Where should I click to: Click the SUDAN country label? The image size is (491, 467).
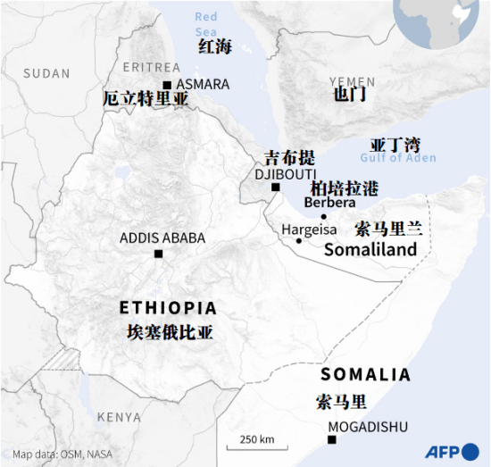46,73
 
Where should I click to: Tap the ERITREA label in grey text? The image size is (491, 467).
151,67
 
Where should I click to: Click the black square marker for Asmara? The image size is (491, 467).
167,85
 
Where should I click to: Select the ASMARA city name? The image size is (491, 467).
203,85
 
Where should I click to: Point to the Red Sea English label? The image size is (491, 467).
205,23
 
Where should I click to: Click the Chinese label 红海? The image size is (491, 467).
214,46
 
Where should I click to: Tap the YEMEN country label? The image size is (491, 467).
352,81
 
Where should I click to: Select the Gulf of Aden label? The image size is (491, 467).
398,158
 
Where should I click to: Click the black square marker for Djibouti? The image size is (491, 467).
276,188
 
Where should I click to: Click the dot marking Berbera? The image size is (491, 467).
324,216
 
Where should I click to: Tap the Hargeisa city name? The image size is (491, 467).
309,229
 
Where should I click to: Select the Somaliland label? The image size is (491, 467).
370,250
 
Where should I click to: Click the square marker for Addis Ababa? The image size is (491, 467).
158,254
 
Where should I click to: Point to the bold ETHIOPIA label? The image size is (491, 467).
168,308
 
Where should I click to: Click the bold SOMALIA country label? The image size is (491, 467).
365,375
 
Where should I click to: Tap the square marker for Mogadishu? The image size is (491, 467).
332,439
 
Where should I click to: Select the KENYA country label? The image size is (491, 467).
119,417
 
